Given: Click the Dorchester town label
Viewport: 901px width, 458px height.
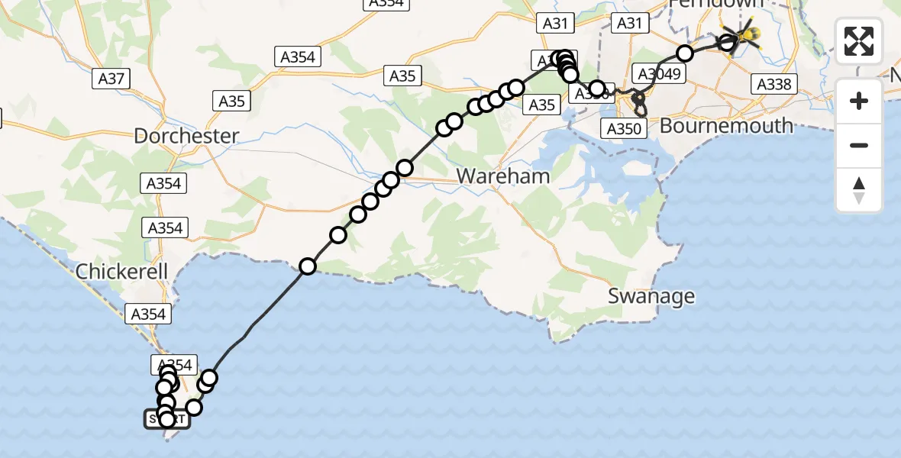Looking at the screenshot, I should click(x=186, y=137).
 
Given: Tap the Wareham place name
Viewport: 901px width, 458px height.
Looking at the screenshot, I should click(x=502, y=176).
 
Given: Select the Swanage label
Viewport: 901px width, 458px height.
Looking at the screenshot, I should click(x=651, y=296).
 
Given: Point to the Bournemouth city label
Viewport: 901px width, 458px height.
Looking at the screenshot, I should click(x=726, y=125).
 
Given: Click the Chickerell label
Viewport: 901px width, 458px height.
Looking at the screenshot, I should click(x=121, y=272).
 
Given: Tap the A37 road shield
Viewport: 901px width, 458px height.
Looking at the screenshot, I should click(x=111, y=78).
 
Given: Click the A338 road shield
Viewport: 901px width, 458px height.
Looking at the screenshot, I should click(x=773, y=84).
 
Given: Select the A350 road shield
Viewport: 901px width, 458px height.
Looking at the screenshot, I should click(x=623, y=128).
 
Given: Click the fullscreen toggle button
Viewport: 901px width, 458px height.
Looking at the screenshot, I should click(x=859, y=41).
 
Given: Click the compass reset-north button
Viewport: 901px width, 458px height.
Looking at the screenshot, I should click(x=859, y=190).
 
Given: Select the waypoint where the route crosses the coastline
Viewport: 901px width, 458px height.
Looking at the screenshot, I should click(x=308, y=266).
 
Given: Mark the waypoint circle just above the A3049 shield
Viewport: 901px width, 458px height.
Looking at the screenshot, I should click(x=685, y=53).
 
